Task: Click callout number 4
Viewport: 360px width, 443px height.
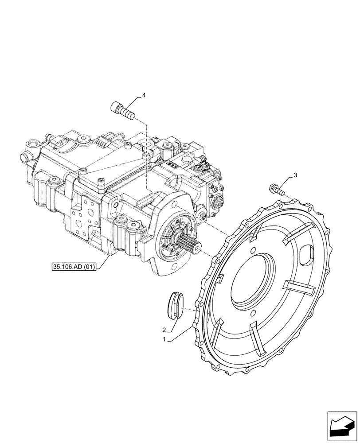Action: point(144,95)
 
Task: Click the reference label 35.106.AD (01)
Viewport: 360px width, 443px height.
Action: point(73,267)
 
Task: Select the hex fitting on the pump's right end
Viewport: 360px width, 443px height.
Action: point(219,203)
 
